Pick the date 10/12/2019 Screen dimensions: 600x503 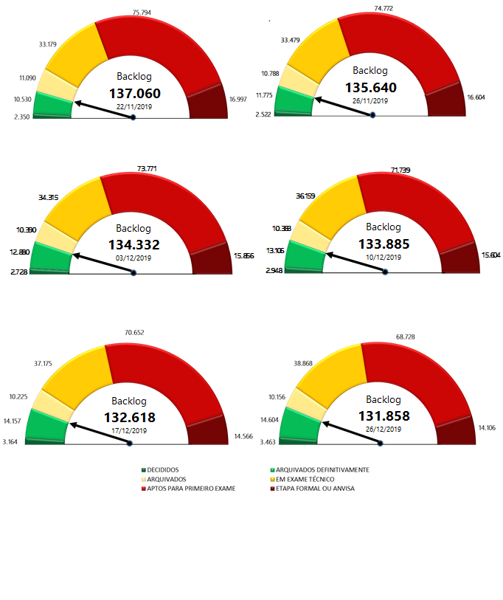384,258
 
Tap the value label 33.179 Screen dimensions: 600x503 50,44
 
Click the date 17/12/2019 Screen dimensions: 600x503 130,430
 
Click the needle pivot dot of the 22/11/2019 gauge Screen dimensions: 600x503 133,117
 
